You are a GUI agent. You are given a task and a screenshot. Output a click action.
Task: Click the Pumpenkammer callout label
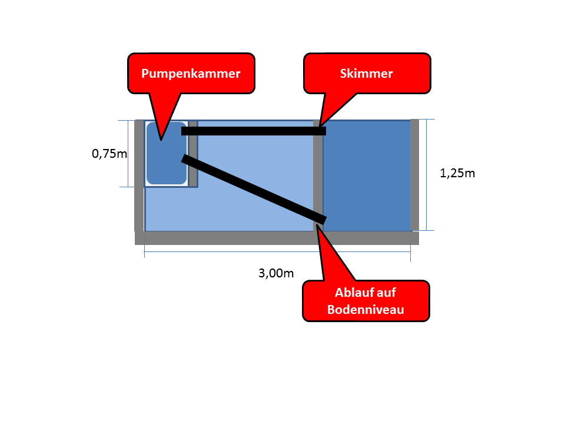191,74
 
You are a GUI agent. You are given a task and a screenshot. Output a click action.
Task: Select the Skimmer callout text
367,74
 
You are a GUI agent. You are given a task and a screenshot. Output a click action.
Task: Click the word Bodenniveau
365,310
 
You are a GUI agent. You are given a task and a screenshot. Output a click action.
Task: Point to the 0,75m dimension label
109,154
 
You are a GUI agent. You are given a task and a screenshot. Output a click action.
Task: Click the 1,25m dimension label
457,173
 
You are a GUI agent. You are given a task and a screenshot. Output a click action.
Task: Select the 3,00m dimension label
276,273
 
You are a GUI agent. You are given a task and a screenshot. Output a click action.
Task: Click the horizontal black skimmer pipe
254,131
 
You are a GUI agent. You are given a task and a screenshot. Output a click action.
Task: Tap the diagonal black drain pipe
254,189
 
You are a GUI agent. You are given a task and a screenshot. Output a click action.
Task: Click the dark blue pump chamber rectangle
167,153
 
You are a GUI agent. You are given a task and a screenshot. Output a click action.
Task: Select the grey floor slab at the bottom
277,238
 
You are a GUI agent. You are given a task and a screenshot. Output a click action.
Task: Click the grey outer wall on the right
415,175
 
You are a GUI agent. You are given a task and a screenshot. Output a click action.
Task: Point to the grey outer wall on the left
139,175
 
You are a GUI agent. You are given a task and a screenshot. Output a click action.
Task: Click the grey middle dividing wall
318,175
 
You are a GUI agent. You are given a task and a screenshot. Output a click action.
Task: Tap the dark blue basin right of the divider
367,175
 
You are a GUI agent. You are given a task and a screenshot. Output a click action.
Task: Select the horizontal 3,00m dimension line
277,251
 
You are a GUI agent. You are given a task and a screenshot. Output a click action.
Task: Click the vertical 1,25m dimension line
427,175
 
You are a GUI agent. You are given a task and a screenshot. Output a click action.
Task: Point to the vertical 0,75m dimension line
128,154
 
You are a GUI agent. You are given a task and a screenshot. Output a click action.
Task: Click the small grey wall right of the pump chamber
193,154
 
